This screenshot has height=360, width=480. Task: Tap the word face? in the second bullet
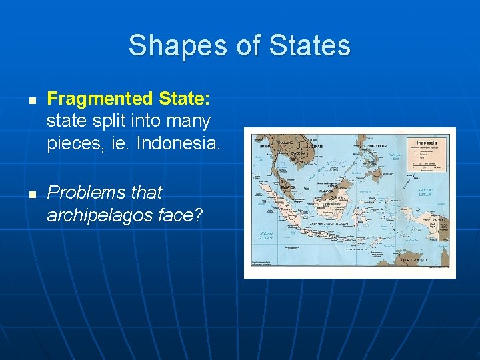pyautogui.click(x=189, y=215)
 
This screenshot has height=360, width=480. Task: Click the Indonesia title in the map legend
pyautogui.click(x=427, y=143)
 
